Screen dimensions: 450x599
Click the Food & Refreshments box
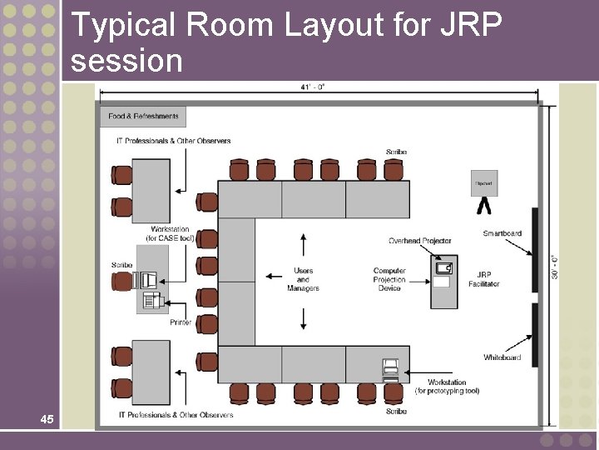tap(143, 117)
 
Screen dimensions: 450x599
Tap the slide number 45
tap(47, 419)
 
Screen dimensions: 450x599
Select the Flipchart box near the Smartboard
tap(483, 183)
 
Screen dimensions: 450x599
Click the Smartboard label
tap(502, 233)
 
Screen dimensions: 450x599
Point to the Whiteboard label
tap(502, 357)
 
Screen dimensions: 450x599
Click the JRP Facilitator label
tap(483, 279)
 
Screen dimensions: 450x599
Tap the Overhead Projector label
tap(420, 241)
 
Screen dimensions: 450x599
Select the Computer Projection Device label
tap(389, 279)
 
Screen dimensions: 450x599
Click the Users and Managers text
tap(303, 279)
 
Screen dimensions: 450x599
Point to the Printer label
tap(181, 322)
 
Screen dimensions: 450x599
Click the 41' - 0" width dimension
tap(313, 87)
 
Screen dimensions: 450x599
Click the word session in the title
tap(126, 60)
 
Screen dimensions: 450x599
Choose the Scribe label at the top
tap(396, 152)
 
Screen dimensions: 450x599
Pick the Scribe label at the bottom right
tap(396, 411)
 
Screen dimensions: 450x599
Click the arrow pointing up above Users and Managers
tap(303, 244)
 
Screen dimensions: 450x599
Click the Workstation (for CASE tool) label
tap(170, 234)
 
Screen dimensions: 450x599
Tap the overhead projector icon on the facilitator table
tap(443, 267)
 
